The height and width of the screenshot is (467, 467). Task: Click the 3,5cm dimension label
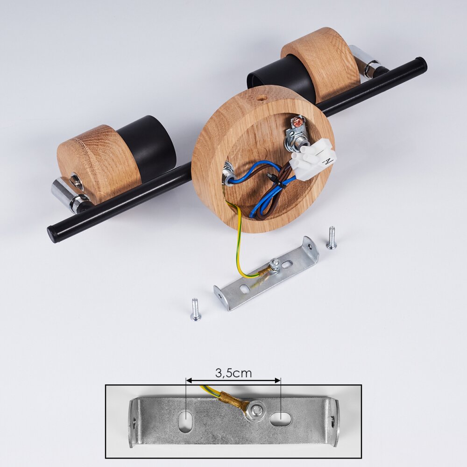pos(233,373)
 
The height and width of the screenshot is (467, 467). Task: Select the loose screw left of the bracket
pos(195,310)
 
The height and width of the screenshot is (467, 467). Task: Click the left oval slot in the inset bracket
pos(186,419)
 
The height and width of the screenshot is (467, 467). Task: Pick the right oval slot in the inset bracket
pos(280,418)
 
